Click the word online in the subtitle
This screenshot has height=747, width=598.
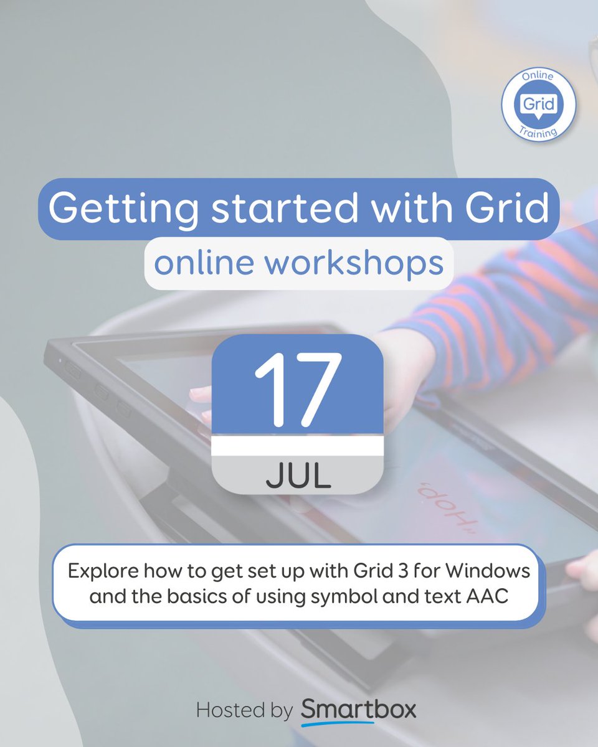click(x=204, y=263)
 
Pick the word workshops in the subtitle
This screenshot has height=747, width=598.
click(x=354, y=264)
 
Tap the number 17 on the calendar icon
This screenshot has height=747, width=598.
click(x=298, y=390)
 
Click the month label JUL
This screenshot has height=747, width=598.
click(x=298, y=476)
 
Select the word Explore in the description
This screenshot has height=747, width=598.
click(x=103, y=571)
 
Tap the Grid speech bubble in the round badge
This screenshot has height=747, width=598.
click(x=538, y=105)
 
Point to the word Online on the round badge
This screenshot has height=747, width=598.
click(x=538, y=76)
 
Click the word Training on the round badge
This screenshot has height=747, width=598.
click(x=538, y=132)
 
